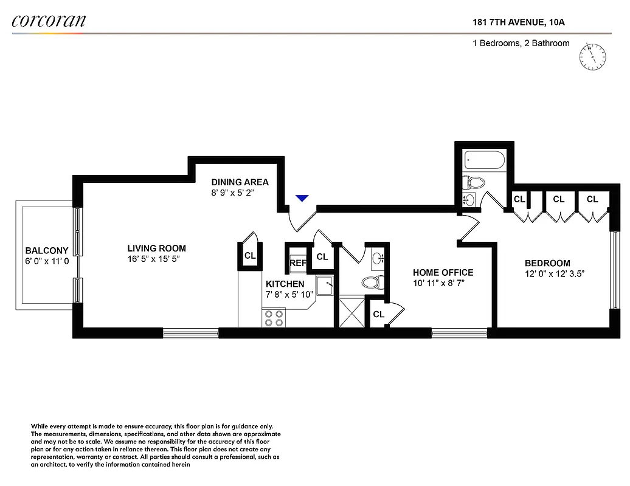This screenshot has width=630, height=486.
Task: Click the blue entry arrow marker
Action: click(x=302, y=198)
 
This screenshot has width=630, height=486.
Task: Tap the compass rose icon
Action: click(x=592, y=56)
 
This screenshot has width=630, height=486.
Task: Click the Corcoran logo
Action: click(x=49, y=21)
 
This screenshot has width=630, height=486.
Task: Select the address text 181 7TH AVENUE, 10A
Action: click(x=521, y=23)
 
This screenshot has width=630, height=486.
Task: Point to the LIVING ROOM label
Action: click(x=156, y=248)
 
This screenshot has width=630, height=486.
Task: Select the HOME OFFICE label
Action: click(x=443, y=273)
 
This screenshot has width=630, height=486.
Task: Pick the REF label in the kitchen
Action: click(x=298, y=263)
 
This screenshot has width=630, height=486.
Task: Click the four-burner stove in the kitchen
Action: click(x=274, y=318)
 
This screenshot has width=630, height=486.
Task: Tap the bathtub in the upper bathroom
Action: click(x=484, y=160)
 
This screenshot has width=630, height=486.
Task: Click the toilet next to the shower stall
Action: click(x=371, y=282)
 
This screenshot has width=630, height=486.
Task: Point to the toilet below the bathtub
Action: click(x=474, y=182)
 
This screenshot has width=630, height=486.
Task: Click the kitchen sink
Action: click(x=325, y=284)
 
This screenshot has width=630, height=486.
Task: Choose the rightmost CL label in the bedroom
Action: click(x=592, y=199)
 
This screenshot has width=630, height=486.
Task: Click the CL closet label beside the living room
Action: click(x=250, y=256)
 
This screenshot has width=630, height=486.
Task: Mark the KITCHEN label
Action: click(x=285, y=284)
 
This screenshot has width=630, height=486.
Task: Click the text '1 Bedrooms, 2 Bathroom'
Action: click(x=521, y=43)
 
